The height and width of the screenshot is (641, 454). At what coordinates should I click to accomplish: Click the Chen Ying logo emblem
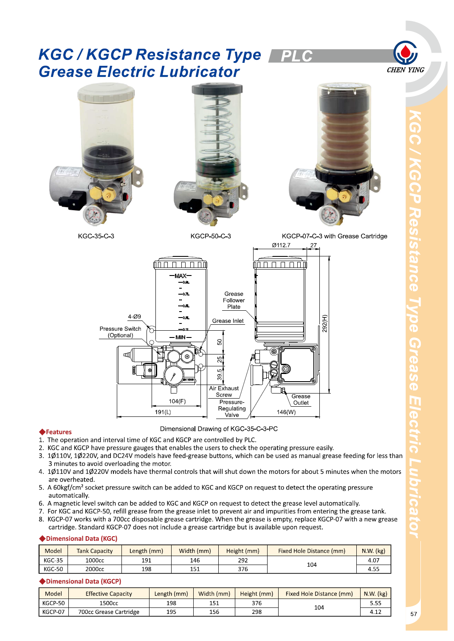405,53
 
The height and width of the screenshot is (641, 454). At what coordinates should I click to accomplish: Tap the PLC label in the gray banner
296,56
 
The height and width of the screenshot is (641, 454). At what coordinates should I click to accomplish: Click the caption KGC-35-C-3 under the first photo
96,236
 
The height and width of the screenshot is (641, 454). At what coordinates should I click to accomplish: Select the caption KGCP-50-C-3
211,236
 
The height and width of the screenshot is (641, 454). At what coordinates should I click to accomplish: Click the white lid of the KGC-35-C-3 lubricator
106,92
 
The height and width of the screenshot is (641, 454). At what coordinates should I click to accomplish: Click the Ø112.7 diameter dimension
281,245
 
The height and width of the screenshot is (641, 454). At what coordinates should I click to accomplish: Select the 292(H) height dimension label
325,323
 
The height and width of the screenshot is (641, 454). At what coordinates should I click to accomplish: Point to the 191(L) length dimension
163,412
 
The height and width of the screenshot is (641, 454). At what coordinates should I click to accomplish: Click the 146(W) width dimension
286,412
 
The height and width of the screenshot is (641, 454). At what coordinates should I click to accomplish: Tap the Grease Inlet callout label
228,321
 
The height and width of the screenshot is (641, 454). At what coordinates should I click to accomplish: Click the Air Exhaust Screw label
224,391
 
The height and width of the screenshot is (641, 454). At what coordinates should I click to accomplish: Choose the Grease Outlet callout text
301,399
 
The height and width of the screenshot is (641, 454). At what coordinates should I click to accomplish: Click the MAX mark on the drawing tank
180,276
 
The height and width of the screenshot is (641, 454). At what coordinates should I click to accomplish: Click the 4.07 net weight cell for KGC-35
373,560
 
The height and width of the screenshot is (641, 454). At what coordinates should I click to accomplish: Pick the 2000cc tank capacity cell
95,569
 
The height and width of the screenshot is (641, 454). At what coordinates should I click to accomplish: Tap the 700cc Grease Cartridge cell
109,612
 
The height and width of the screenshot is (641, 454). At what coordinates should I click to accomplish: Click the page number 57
414,614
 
